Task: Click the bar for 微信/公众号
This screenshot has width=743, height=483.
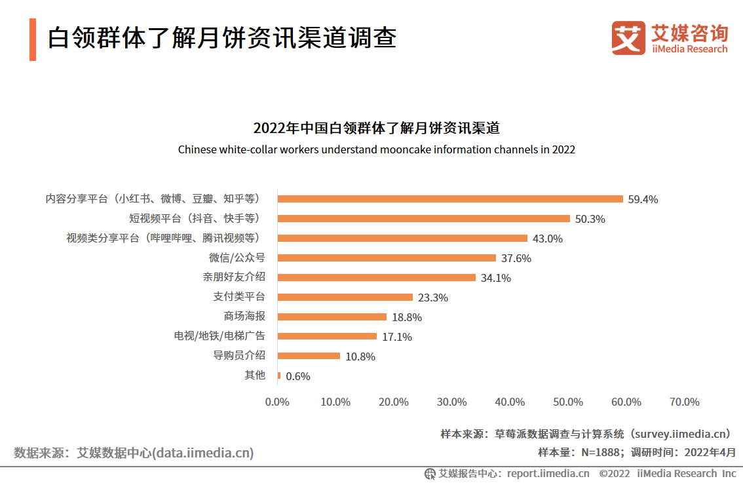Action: [387, 258]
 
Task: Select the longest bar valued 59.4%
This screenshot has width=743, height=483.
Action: [450, 199]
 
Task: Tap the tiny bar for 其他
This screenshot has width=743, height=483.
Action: [279, 376]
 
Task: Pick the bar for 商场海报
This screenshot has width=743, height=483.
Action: [332, 317]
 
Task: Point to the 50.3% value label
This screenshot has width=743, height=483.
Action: [590, 219]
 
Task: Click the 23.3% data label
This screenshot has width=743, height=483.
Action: [432, 298]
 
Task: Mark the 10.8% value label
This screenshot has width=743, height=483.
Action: [360, 357]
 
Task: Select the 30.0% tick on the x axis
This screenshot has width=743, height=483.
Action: [452, 402]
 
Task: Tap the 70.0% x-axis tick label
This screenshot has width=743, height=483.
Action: [685, 402]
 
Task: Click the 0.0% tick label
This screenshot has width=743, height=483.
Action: [277, 402]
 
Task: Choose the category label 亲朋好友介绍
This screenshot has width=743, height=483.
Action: [234, 277]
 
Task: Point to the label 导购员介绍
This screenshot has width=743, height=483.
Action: [239, 356]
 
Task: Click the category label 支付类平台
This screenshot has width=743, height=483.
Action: [239, 297]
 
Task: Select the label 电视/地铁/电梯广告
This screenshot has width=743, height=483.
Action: [219, 336]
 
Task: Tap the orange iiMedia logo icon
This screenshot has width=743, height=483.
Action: [628, 38]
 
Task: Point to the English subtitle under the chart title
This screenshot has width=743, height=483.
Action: [377, 149]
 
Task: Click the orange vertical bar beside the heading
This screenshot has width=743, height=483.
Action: [33, 39]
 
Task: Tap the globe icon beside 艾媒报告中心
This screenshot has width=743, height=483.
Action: [430, 473]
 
